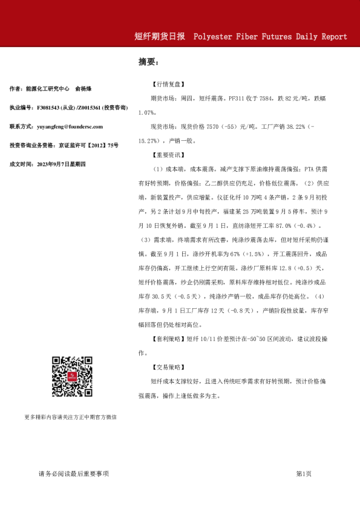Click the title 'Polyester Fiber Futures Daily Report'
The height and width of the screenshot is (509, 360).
270,37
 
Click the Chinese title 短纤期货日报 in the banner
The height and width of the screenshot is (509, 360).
160,37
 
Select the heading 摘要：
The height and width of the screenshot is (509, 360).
148,62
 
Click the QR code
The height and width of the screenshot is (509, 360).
72,377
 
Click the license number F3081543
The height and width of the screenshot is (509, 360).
51,107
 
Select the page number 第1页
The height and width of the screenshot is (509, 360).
304,474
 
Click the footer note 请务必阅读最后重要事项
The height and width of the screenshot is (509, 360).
73,474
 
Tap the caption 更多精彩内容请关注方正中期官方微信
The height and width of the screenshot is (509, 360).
71,417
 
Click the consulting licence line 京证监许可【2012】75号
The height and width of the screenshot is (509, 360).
88,146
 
